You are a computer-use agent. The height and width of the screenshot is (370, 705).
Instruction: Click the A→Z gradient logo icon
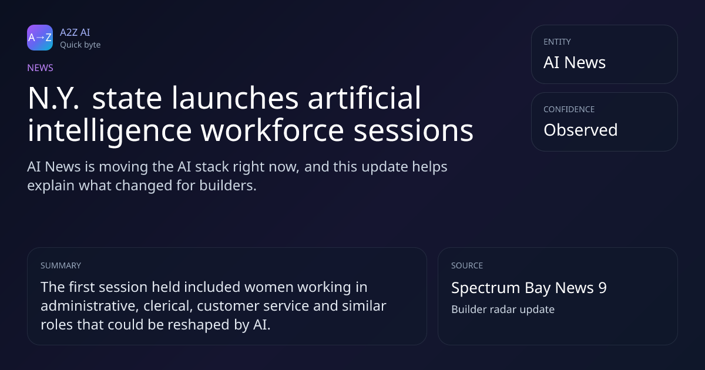pyautogui.click(x=40, y=38)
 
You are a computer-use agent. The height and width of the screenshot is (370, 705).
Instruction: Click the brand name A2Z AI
pyautogui.click(x=75, y=32)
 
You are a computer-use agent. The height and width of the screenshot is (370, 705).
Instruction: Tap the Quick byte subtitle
pyautogui.click(x=80, y=45)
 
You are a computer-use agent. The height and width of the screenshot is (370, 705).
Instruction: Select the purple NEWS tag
pyautogui.click(x=41, y=68)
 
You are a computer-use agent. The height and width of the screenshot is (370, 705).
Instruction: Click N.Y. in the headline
pyautogui.click(x=53, y=98)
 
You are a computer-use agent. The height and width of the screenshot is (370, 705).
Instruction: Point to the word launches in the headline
pyautogui.click(x=235, y=98)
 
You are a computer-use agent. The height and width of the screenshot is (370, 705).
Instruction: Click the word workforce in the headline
pyautogui.click(x=273, y=130)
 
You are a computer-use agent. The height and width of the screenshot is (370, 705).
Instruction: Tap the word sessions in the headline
pyautogui.click(x=414, y=130)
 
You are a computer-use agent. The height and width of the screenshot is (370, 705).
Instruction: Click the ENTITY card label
pyautogui.click(x=557, y=42)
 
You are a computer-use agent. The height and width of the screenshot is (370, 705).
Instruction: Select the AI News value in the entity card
pyautogui.click(x=575, y=62)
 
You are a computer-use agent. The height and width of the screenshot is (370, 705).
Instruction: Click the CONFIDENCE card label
pyautogui.click(x=569, y=109)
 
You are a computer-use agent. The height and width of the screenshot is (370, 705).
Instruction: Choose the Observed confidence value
pyautogui.click(x=580, y=130)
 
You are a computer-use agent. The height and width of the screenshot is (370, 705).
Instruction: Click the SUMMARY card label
pyautogui.click(x=61, y=265)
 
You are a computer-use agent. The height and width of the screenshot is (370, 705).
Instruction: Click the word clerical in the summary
pyautogui.click(x=168, y=306)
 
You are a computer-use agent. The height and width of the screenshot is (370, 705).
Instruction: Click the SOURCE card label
pyautogui.click(x=467, y=265)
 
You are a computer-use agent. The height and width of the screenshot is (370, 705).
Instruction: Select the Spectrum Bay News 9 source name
pyautogui.click(x=529, y=288)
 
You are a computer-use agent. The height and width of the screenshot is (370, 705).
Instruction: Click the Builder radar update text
pyautogui.click(x=503, y=310)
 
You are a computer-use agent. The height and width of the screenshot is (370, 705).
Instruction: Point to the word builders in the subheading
pyautogui.click(x=228, y=186)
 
